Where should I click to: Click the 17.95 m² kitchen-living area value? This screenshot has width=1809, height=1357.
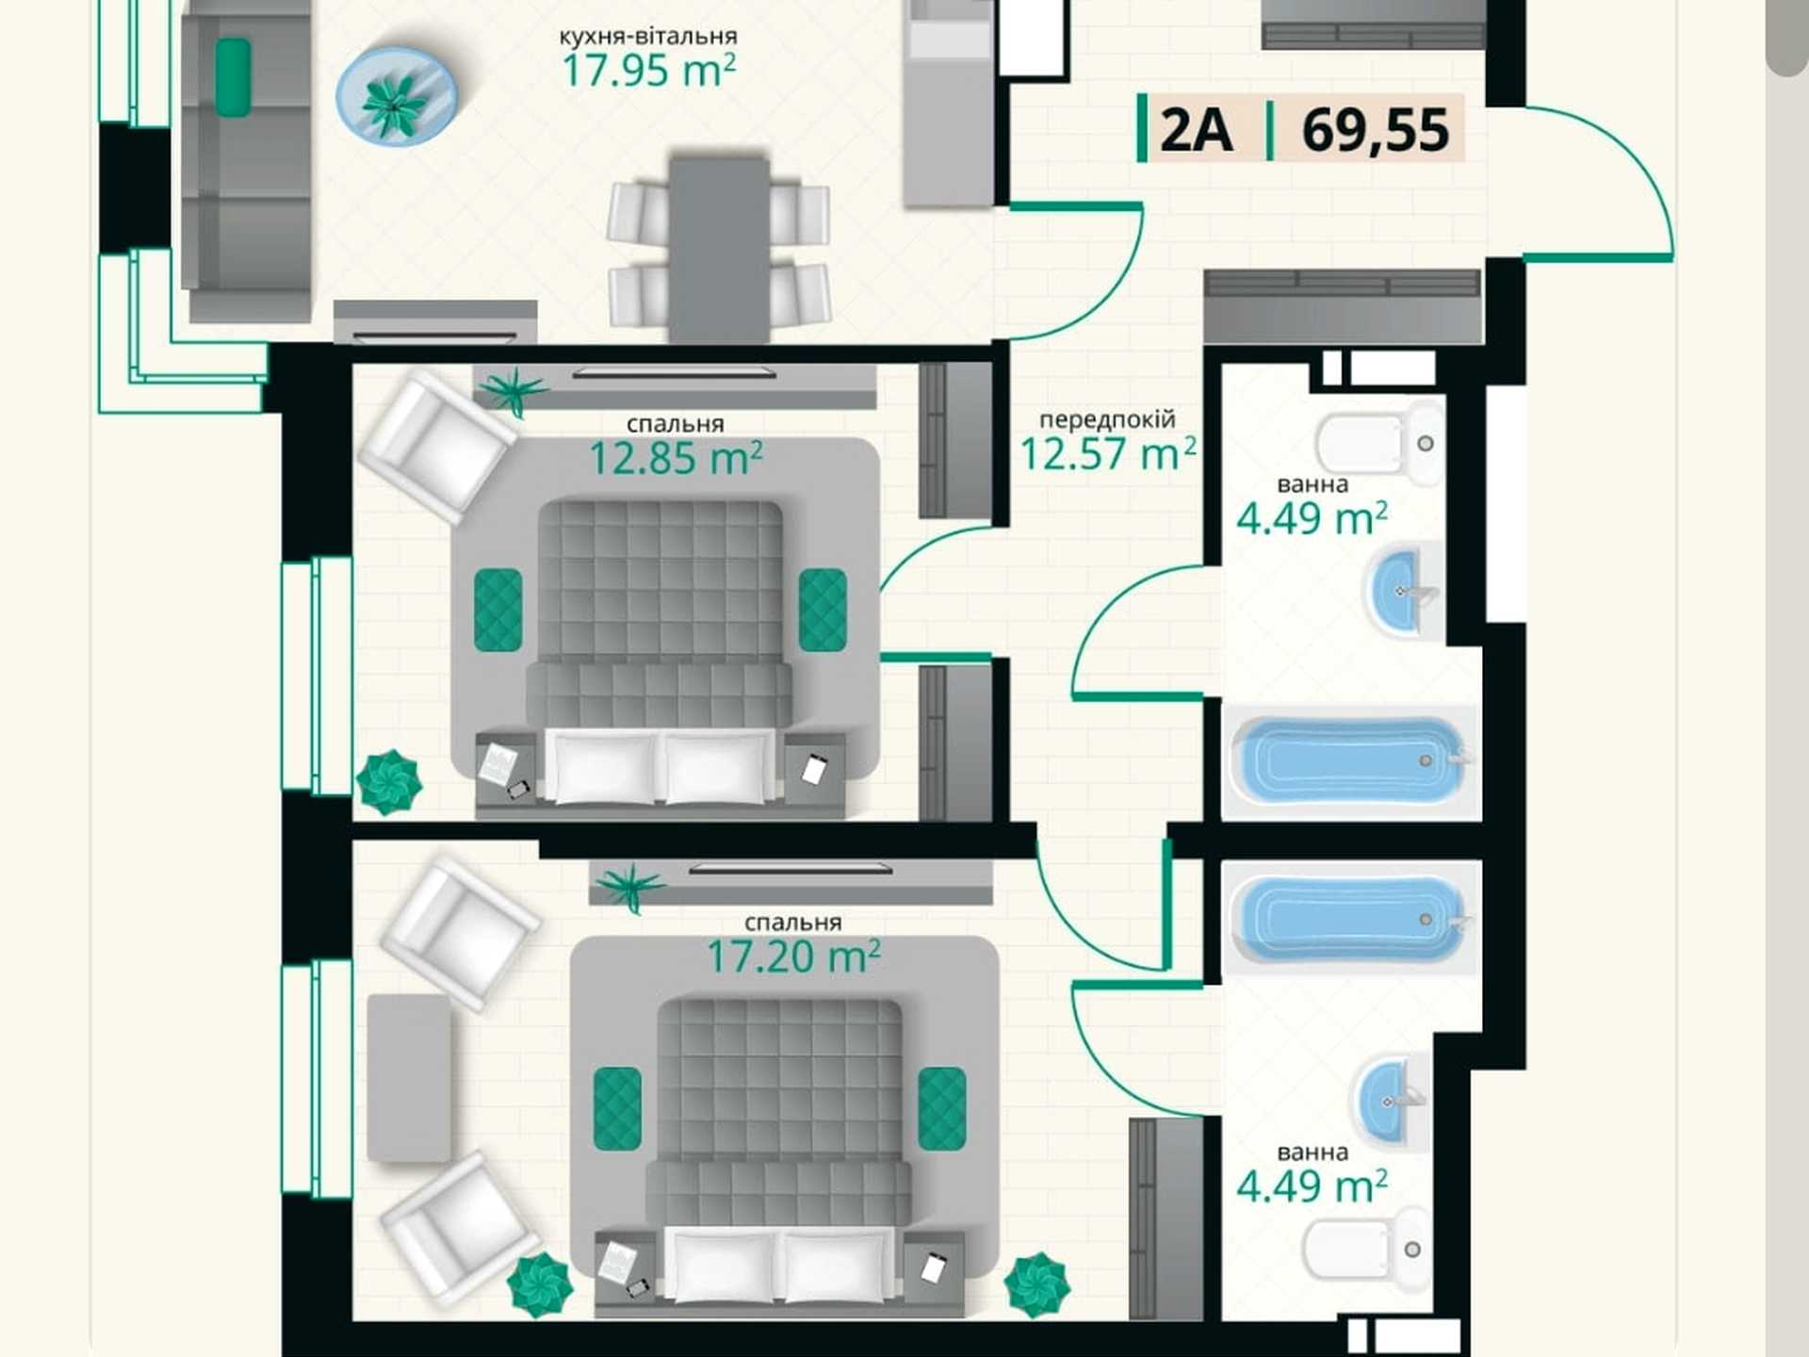pos(649,71)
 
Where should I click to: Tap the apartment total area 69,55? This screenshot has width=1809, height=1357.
pos(1375,130)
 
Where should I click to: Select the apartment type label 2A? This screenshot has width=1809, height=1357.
pos(1197,130)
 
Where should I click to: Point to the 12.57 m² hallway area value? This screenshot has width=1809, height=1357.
pos(1108,454)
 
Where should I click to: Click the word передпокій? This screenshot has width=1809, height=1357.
pos(1107,418)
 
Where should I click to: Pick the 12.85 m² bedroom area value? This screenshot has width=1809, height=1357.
pos(676,459)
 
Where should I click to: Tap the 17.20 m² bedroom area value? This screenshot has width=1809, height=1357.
pos(793,956)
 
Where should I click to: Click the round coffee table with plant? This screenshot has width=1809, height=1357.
pos(397,96)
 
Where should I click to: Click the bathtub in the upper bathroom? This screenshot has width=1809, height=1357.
pos(1349,760)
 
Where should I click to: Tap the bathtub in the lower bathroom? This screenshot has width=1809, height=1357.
pos(1349,918)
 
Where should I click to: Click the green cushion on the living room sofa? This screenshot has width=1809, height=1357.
pos(233,77)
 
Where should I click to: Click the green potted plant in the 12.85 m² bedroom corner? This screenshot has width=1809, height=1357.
pos(388,782)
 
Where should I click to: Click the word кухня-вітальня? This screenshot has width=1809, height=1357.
pos(648,37)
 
